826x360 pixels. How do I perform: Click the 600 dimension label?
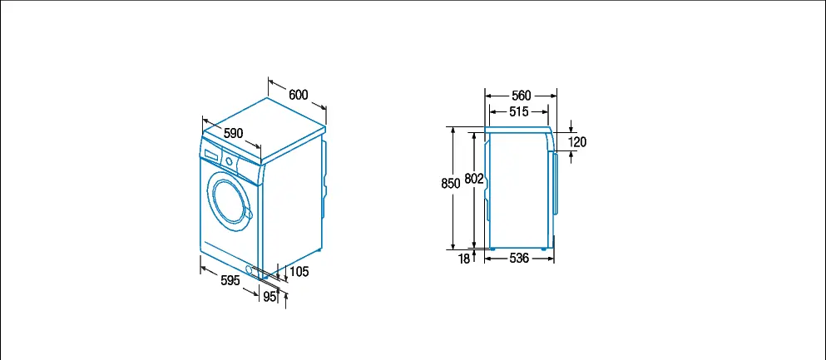point(298,95)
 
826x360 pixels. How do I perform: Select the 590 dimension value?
point(234,133)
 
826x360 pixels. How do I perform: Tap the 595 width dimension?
point(230,280)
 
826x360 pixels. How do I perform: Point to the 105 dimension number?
point(299,272)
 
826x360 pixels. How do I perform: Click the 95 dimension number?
point(270,297)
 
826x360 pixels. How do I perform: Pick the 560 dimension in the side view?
point(522,96)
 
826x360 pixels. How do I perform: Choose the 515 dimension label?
point(519,111)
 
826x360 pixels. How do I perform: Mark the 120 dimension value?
point(577,141)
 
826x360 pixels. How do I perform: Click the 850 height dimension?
point(451,183)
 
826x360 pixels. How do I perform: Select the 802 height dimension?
point(474,179)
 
